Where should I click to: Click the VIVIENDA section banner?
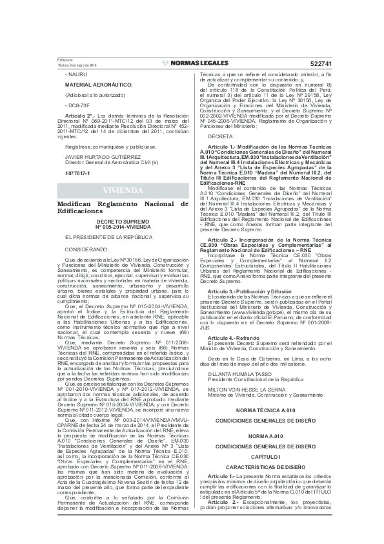click(x=123, y=191)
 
